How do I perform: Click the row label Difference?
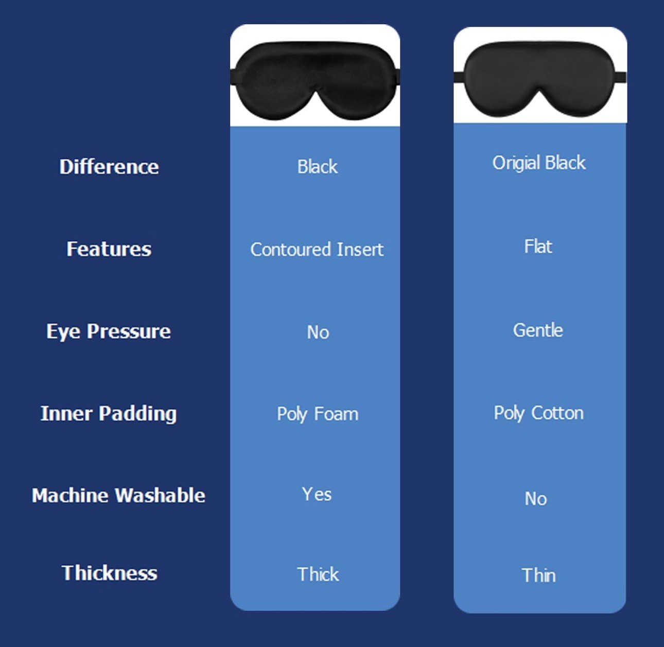coord(109,167)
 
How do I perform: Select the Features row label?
coord(109,249)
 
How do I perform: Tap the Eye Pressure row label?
coord(108,331)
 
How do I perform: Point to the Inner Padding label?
coord(109,413)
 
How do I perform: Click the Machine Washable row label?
coord(118,495)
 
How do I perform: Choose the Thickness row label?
coord(109,573)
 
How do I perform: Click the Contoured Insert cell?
coord(317,250)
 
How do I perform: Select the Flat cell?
coord(538,247)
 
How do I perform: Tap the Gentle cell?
coord(538,330)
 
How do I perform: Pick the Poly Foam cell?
coord(317,414)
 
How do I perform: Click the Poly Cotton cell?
coord(538,413)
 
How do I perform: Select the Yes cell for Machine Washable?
coord(317,494)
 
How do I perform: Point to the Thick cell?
coord(318,574)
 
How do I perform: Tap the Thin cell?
coord(538,575)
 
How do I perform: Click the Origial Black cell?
coord(539,163)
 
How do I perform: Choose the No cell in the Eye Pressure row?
coord(318,332)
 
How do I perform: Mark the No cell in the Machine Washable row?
coord(536,498)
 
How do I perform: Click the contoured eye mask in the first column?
coord(315,80)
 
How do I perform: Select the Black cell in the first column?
coord(317,167)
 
